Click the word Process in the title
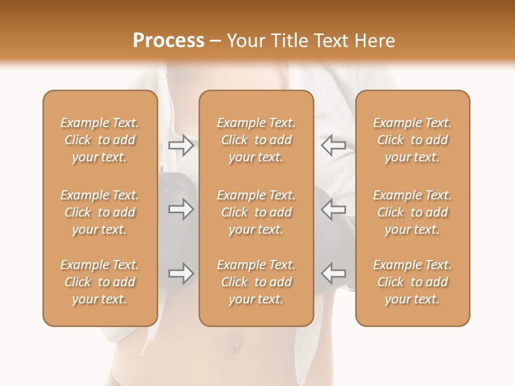click(x=168, y=41)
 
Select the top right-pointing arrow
click(x=181, y=145)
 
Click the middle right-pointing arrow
click(x=181, y=209)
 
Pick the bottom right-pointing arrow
click(x=181, y=273)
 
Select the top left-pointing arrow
click(x=333, y=145)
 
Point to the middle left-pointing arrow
click(x=333, y=209)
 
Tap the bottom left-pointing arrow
click(x=333, y=273)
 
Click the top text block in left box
click(x=100, y=140)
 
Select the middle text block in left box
click(x=100, y=212)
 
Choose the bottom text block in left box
click(x=100, y=282)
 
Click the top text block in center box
click(x=256, y=140)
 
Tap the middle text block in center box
click(x=256, y=212)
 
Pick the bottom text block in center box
click(x=256, y=282)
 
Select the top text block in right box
click(x=412, y=140)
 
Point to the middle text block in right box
click(x=412, y=212)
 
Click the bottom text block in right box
click(x=412, y=282)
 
